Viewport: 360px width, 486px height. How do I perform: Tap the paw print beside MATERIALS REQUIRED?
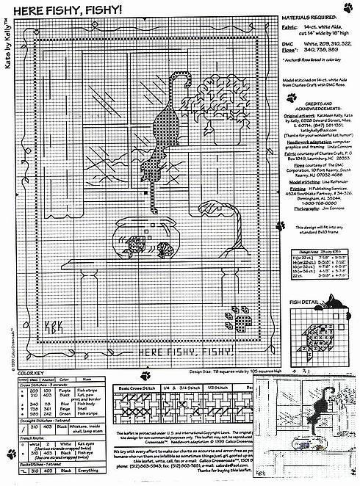pyautogui.click(x=350, y=7)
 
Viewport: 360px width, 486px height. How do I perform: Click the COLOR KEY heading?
pyautogui.click(x=21, y=377)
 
